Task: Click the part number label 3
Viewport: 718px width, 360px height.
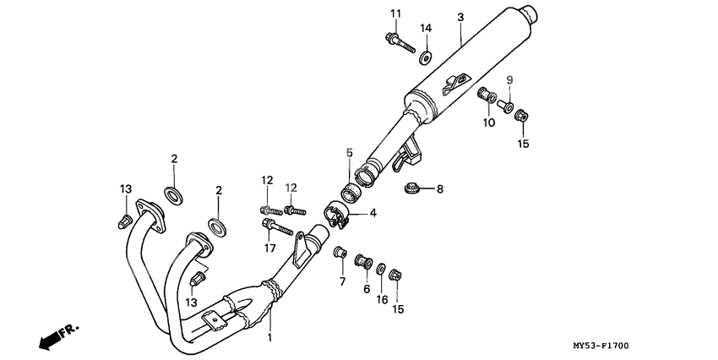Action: point(460,17)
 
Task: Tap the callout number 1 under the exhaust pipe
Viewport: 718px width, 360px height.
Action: point(270,337)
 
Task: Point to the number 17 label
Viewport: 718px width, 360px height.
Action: point(270,248)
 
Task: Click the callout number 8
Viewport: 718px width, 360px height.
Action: point(439,189)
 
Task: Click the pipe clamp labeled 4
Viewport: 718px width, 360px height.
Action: point(337,214)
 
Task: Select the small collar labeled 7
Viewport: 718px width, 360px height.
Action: point(340,252)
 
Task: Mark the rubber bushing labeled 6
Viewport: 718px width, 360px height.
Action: point(366,260)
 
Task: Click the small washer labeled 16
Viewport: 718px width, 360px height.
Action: point(382,268)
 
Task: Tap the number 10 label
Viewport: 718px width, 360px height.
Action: point(489,123)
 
